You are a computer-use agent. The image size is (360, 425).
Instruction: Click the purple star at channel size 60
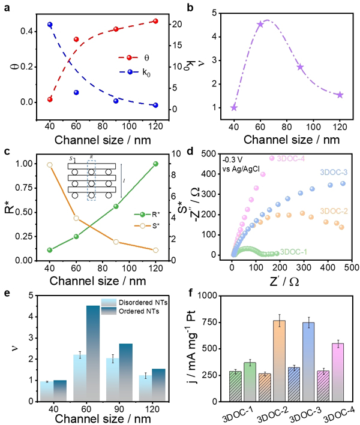(x=260, y=25)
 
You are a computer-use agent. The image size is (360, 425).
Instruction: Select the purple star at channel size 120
(x=340, y=95)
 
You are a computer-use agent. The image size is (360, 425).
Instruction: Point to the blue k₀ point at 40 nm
(x=50, y=25)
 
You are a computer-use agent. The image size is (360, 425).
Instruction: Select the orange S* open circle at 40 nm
(x=50, y=165)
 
